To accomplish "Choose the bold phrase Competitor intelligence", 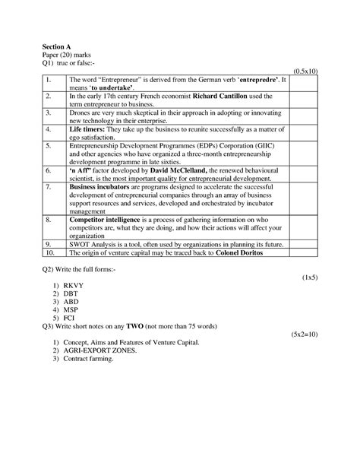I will pos(109,220).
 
